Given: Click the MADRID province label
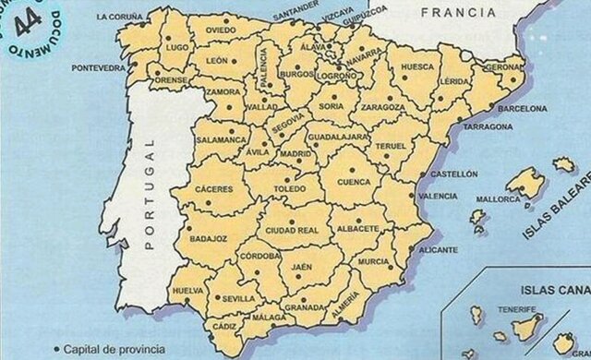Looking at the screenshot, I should pyautogui.click(x=296, y=153).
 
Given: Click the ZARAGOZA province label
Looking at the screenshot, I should pyautogui.click(x=381, y=107).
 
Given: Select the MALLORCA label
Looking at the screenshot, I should pyautogui.click(x=499, y=198).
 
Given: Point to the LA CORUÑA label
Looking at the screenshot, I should pyautogui.click(x=119, y=17).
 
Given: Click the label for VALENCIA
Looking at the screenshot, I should pyautogui.click(x=438, y=197).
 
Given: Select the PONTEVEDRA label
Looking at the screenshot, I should pyautogui.click(x=99, y=67).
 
